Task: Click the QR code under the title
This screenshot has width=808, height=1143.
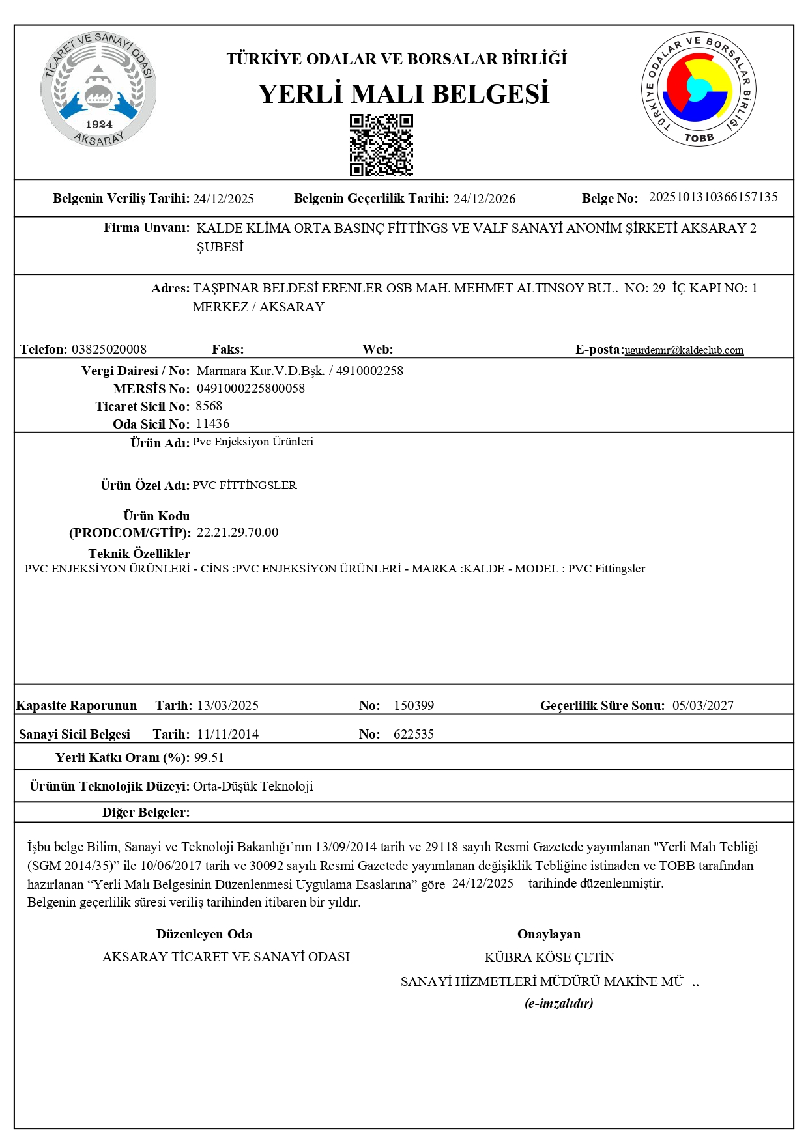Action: click(381, 145)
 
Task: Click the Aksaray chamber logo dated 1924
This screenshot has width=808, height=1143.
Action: click(98, 89)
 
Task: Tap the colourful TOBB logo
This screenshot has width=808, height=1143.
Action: click(698, 89)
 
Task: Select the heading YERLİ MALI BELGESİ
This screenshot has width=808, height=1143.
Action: click(403, 94)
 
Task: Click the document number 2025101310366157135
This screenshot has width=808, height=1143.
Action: click(713, 197)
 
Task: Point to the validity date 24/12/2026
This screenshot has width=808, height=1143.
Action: click(484, 199)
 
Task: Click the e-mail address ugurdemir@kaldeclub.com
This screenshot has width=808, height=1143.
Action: click(684, 350)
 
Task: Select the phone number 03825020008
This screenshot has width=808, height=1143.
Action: click(109, 349)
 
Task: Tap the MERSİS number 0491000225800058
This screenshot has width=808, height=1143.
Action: click(251, 389)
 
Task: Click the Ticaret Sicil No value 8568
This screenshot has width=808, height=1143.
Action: click(209, 406)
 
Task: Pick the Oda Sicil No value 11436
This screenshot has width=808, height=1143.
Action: click(212, 424)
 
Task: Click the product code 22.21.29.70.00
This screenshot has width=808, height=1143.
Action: click(237, 532)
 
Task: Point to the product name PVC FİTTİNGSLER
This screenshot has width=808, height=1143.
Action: click(244, 485)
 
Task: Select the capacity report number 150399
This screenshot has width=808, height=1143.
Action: click(414, 705)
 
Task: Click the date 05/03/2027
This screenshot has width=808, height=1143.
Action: click(702, 705)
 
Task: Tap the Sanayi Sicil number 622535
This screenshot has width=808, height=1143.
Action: click(414, 734)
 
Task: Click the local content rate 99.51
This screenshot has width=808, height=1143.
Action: click(209, 757)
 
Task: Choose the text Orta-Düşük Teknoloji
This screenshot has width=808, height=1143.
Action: click(253, 786)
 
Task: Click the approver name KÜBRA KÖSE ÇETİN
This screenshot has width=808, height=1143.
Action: click(549, 957)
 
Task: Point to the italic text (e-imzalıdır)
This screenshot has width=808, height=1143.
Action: click(558, 1003)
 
